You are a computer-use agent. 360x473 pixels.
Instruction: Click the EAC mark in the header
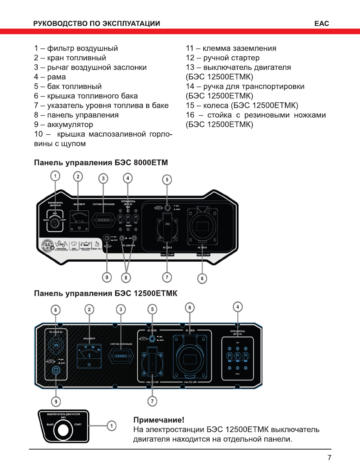[x=321, y=23]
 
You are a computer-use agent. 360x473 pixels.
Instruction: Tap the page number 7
[x=329, y=458]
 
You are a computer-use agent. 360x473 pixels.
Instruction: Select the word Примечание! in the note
[x=158, y=420]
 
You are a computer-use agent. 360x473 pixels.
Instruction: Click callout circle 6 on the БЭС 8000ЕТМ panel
[x=202, y=278]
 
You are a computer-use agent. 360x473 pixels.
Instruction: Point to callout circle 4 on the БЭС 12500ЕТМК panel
[x=237, y=307]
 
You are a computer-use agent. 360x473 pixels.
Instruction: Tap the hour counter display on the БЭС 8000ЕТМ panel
[x=103, y=219]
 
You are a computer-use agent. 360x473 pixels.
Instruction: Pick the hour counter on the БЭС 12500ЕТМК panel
[x=121, y=356]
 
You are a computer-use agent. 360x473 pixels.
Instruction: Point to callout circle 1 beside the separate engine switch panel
[x=112, y=426]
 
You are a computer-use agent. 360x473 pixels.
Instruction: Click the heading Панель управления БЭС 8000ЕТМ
[x=101, y=163]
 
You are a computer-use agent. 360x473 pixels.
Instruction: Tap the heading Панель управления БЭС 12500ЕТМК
[x=106, y=293]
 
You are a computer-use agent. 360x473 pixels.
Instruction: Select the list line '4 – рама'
[x=50, y=77]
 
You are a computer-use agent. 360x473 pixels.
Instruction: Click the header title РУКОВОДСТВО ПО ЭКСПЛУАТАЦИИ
[x=97, y=23]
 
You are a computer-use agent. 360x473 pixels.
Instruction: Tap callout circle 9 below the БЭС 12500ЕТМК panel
[x=56, y=402]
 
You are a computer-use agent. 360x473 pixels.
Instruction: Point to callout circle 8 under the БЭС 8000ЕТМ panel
[x=126, y=278]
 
